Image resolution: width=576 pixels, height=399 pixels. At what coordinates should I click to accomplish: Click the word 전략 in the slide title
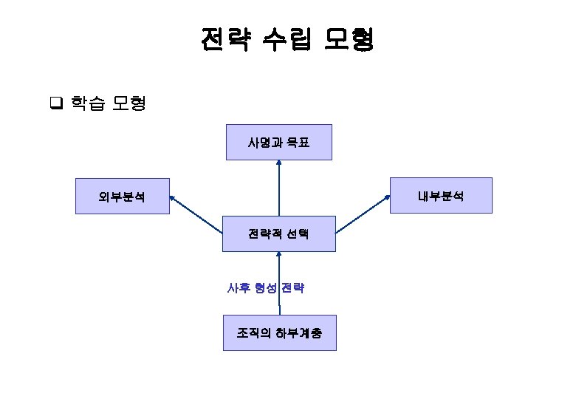(222, 40)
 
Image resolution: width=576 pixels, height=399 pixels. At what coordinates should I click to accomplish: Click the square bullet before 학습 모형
(55, 103)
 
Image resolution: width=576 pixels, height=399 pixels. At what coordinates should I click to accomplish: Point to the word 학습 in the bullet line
(87, 103)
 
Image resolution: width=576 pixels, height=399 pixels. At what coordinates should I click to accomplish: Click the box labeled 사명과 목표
(279, 143)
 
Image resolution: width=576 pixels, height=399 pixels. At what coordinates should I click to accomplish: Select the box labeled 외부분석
(123, 197)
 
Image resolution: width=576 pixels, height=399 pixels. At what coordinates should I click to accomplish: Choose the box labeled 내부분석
(441, 196)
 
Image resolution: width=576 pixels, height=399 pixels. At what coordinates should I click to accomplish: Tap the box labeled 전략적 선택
(279, 234)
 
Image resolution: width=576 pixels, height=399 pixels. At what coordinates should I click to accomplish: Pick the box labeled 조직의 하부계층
(279, 333)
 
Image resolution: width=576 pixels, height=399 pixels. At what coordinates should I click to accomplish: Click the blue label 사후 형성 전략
(266, 288)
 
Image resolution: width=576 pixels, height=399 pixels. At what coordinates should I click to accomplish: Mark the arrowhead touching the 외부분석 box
(172, 198)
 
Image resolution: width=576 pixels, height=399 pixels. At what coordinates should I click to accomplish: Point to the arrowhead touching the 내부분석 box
(387, 197)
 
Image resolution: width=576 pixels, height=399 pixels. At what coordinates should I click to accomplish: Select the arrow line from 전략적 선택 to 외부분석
(197, 215)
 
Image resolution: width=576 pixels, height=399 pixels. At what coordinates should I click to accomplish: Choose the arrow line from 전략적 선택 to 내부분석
(361, 215)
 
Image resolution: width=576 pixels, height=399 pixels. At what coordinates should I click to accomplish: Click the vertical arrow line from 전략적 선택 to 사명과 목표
(279, 191)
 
